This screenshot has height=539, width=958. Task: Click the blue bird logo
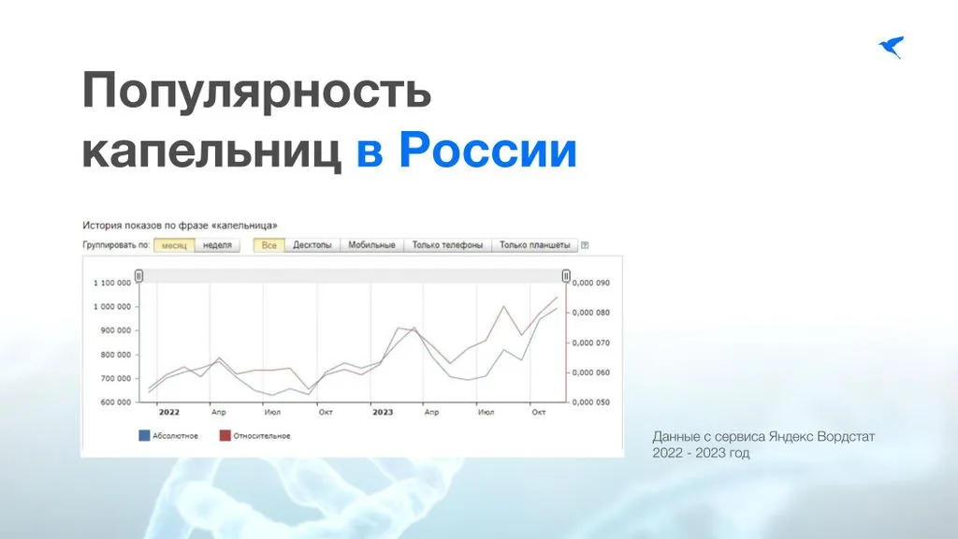point(892,47)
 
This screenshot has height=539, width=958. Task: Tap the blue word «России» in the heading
point(487,151)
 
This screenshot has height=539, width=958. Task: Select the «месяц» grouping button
point(174,245)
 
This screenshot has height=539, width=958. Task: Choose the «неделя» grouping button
point(217,245)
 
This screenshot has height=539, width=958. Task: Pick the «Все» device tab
point(269,245)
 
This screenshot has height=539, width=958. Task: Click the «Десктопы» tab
point(312,245)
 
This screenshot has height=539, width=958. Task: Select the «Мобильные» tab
point(371,245)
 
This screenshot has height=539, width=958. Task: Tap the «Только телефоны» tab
point(447,245)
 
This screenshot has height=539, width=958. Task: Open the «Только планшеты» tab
point(534,245)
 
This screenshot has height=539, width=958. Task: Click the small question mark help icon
point(585,245)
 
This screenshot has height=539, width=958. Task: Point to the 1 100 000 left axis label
point(112,283)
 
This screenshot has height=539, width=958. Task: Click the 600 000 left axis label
point(115,402)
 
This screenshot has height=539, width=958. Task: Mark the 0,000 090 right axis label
point(591,283)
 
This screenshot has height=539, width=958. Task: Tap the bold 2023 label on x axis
point(383,413)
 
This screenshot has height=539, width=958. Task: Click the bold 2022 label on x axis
point(169,413)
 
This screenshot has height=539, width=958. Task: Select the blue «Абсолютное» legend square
point(144,436)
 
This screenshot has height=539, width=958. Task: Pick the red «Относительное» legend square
point(225,436)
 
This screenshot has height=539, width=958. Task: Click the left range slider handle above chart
point(138,276)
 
